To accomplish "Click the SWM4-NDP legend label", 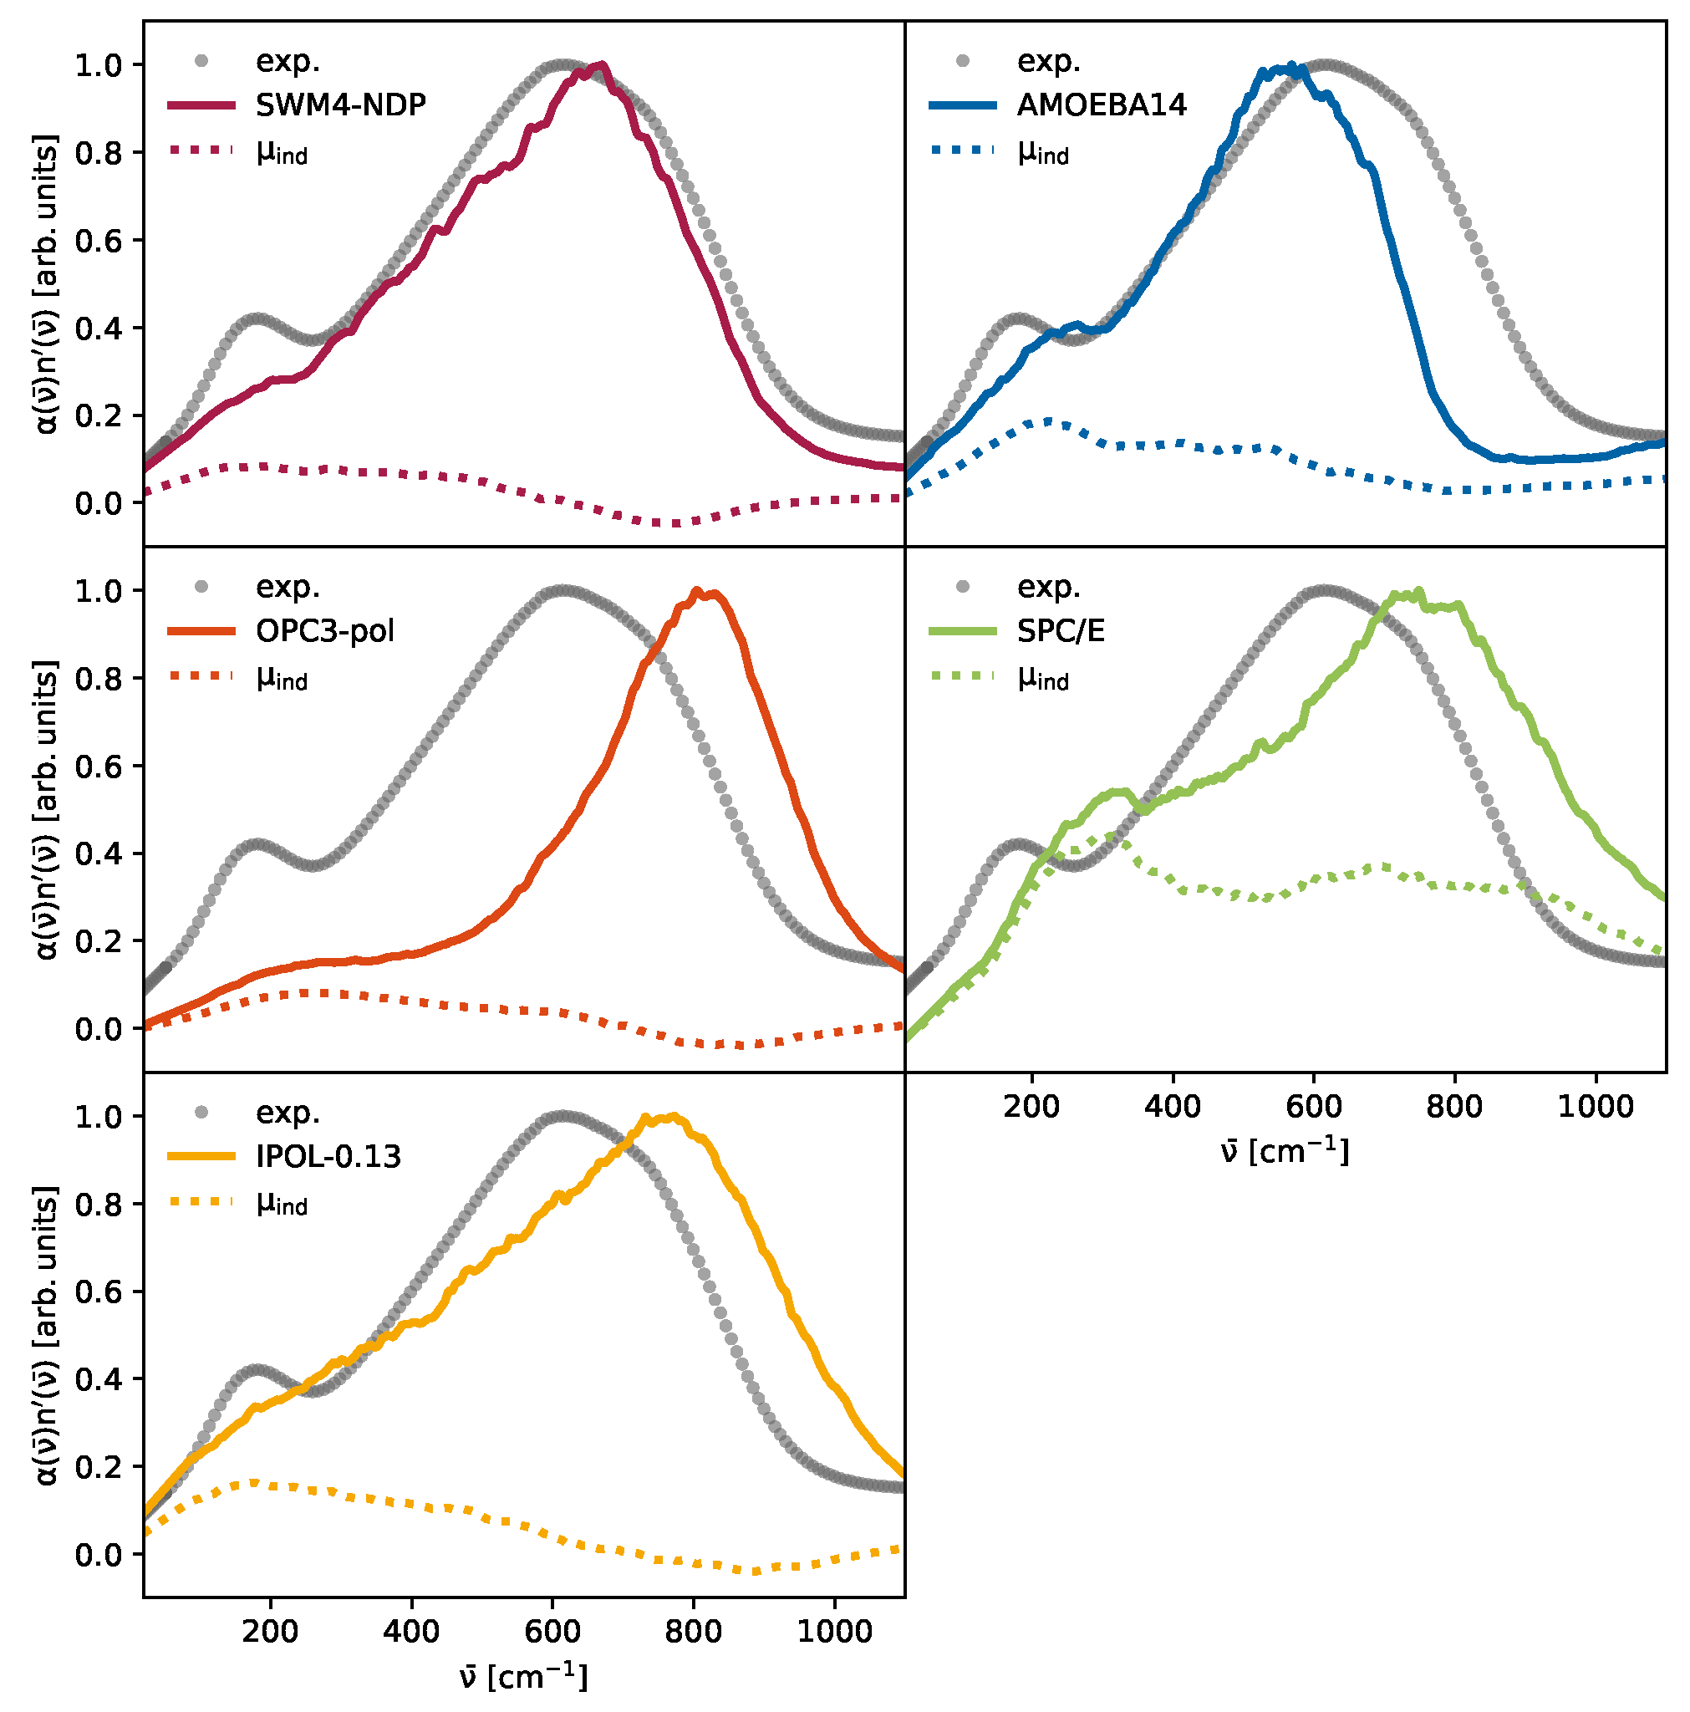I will (x=340, y=105).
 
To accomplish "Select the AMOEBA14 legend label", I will (x=1101, y=105).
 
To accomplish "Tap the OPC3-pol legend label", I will (x=324, y=631).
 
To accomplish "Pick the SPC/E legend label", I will (x=1061, y=631).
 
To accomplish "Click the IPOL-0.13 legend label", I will (x=328, y=1156).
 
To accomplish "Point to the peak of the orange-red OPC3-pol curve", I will (x=696, y=590).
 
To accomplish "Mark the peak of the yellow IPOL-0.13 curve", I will (x=674, y=1117).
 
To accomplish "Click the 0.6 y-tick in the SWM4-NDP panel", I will (x=98, y=241).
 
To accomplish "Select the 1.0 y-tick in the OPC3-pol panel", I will (x=98, y=591).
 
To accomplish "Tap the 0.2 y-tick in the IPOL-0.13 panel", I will (x=98, y=1466).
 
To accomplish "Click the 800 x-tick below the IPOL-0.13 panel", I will (x=693, y=1630).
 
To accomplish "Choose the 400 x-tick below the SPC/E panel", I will (x=1173, y=1106).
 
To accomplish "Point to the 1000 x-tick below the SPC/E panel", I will (x=1596, y=1106).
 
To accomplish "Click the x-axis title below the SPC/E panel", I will (x=1285, y=1152).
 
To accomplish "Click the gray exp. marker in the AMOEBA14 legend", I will (x=964, y=61).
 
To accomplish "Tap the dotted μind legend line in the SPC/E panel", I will (x=964, y=676).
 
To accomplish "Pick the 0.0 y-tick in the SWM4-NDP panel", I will (x=98, y=503).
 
